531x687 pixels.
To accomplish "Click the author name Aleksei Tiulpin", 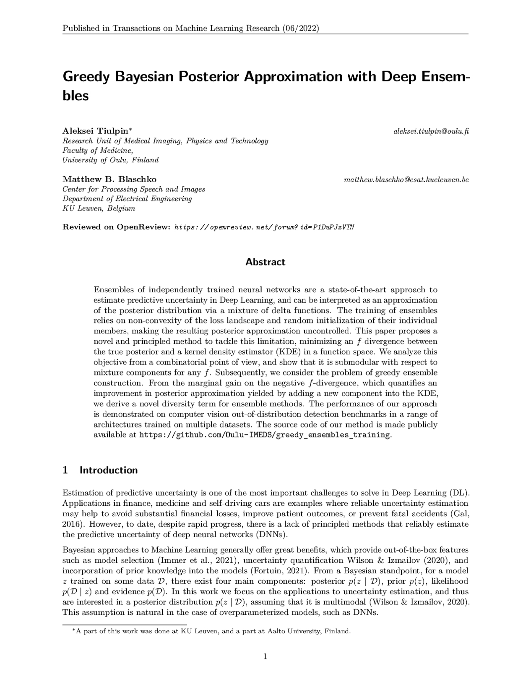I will [96, 131].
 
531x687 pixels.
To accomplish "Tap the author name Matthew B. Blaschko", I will [109, 180].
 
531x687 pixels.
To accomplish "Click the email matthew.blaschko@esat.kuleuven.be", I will [406, 180].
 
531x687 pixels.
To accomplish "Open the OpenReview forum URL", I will [264, 227].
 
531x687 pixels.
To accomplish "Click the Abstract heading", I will [265, 262].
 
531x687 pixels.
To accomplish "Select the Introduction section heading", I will [108, 470].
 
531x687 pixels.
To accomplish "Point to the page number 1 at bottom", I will [265, 656].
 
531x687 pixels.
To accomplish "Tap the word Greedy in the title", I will [86, 78].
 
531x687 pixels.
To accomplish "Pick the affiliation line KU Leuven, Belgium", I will [99, 208].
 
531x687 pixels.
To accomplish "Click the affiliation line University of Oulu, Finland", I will [110, 160].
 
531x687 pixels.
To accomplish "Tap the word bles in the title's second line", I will [75, 96].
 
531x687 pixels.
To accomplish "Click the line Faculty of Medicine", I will [98, 150].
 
